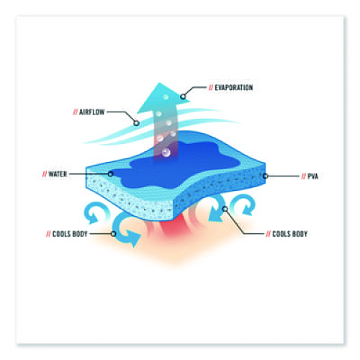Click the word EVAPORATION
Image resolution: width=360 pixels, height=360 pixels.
pos(234,88)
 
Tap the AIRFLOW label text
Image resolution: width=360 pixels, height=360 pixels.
pos(92,112)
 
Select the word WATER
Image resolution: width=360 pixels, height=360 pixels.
pos(58,174)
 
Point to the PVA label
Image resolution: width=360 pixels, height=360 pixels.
pos(312,176)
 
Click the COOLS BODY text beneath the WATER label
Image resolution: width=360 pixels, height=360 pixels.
pos(70,234)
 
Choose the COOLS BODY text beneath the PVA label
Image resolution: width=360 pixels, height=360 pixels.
pos(290,234)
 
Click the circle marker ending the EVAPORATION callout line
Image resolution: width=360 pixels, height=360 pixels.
pos(183,96)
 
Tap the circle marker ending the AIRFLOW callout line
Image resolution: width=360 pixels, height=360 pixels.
pos(136,123)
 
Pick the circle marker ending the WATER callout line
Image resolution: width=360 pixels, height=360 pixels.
pos(110,174)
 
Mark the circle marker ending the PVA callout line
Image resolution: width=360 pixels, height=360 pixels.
pos(265,176)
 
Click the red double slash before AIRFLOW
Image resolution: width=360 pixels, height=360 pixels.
pos(76,112)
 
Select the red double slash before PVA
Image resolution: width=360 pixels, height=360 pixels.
pos(304,176)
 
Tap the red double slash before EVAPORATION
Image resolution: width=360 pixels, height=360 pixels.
pos(211,88)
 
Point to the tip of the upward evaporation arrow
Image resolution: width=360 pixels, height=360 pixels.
pos(158,83)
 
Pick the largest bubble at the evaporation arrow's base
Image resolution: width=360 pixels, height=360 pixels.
pos(166,152)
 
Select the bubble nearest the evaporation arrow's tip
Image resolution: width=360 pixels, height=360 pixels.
pos(166,97)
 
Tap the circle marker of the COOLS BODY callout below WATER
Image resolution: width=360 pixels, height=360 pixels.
pos(114,234)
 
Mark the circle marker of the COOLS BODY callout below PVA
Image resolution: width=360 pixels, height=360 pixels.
pos(225,209)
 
